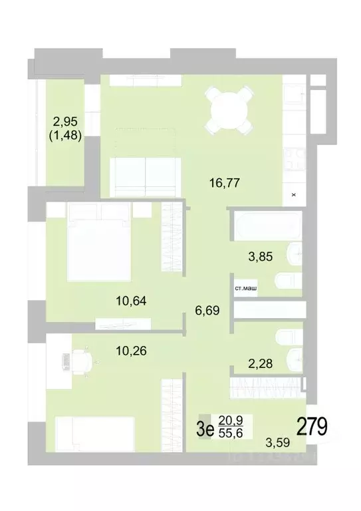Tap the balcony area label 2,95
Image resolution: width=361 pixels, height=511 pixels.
click(x=65, y=122)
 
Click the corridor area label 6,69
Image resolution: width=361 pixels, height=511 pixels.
click(x=207, y=309)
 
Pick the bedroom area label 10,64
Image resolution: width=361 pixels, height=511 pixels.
click(x=130, y=300)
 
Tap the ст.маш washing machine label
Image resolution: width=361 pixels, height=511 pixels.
click(x=246, y=289)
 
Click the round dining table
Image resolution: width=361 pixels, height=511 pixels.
click(x=227, y=110)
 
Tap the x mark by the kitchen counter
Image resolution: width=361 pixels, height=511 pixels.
click(x=293, y=195)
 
